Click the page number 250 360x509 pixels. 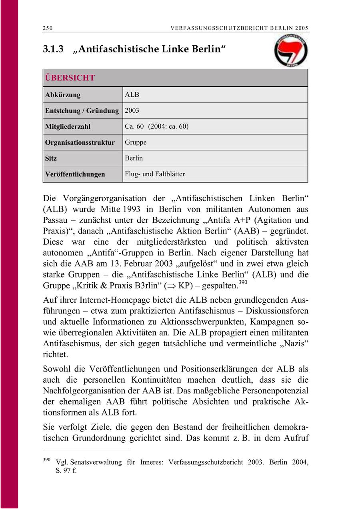click(x=48, y=28)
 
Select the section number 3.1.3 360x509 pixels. click(x=54, y=49)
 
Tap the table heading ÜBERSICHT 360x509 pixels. click(x=70, y=78)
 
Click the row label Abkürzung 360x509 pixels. click(x=63, y=95)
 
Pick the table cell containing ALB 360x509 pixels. click(x=132, y=95)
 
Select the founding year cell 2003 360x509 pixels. click(x=132, y=111)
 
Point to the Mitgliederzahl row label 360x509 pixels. click(x=68, y=127)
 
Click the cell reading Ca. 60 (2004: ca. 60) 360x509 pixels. click(x=156, y=127)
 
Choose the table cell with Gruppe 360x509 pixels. click(x=136, y=142)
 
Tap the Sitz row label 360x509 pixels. click(x=51, y=158)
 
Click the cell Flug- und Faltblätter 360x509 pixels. click(x=155, y=174)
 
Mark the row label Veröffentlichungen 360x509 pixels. click(x=75, y=174)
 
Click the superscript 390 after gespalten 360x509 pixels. click(x=243, y=283)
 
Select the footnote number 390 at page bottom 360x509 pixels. click(x=47, y=459)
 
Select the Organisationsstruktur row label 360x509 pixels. click(x=80, y=142)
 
